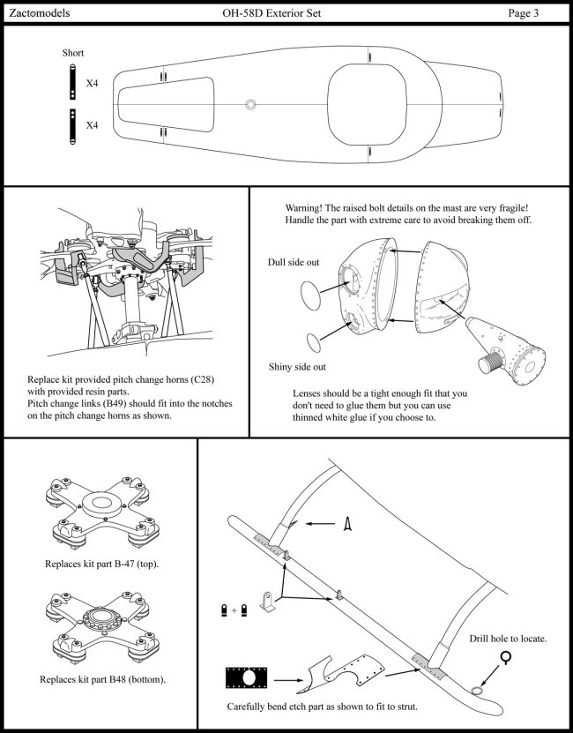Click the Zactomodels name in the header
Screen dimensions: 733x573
click(x=38, y=13)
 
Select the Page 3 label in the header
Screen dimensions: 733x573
click(x=530, y=13)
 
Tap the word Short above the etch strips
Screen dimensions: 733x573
click(x=72, y=53)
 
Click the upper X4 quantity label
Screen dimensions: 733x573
click(x=92, y=83)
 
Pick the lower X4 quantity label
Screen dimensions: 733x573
click(x=92, y=125)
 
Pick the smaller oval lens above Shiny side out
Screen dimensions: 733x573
click(x=315, y=340)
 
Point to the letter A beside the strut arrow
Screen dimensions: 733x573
click(x=347, y=524)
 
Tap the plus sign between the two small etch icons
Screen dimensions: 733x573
click(x=234, y=610)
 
